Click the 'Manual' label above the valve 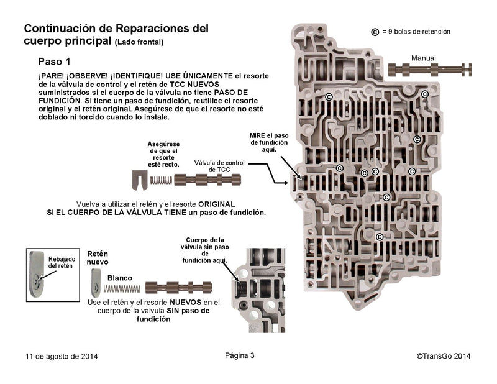pos(424,58)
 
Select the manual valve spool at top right pos(429,70)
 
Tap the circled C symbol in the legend pos(375,32)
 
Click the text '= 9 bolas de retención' pos(416,32)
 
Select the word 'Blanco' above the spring pos(120,278)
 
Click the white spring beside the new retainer pos(121,289)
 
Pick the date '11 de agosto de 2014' pos(62,356)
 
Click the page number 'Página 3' pos(240,355)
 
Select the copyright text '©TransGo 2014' pos(444,356)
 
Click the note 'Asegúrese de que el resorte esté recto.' pos(163,154)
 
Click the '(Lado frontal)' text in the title pos(139,42)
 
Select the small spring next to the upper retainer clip pos(161,180)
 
